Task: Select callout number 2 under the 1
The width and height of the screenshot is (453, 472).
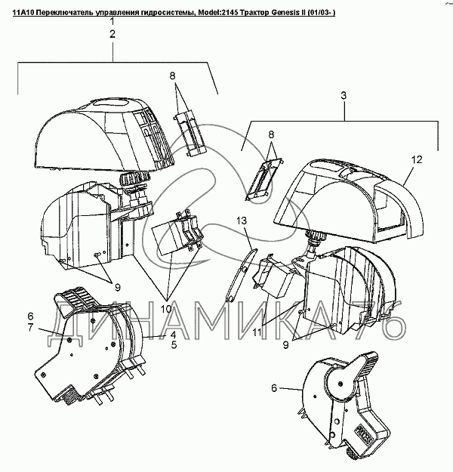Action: tap(112, 35)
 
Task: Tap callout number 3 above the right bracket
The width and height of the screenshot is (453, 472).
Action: tap(344, 97)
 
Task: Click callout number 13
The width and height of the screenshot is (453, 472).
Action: tap(242, 220)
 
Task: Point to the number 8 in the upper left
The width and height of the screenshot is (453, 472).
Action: tap(172, 76)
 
